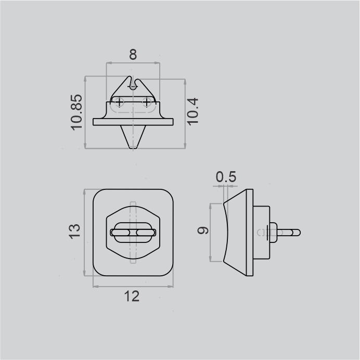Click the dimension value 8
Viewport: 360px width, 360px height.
click(133, 55)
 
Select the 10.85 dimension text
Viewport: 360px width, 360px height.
click(76, 112)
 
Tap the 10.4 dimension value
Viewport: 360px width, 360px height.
click(192, 111)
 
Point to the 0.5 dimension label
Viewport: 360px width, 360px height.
click(226, 177)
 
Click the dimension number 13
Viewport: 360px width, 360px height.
click(74, 232)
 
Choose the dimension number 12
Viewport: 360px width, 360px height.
click(132, 296)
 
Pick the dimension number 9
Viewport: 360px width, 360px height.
click(203, 230)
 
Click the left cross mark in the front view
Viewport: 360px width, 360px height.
click(119, 102)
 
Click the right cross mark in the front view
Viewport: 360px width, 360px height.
click(147, 102)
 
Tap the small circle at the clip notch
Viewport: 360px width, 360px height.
click(133, 87)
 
